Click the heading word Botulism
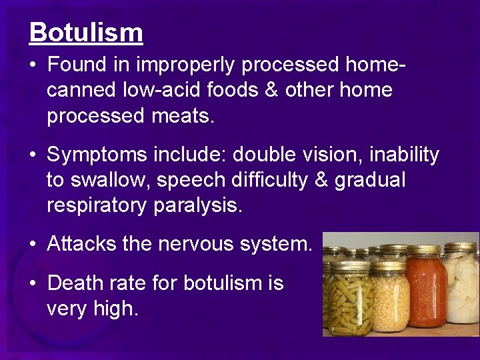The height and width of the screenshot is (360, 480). point(86,33)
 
